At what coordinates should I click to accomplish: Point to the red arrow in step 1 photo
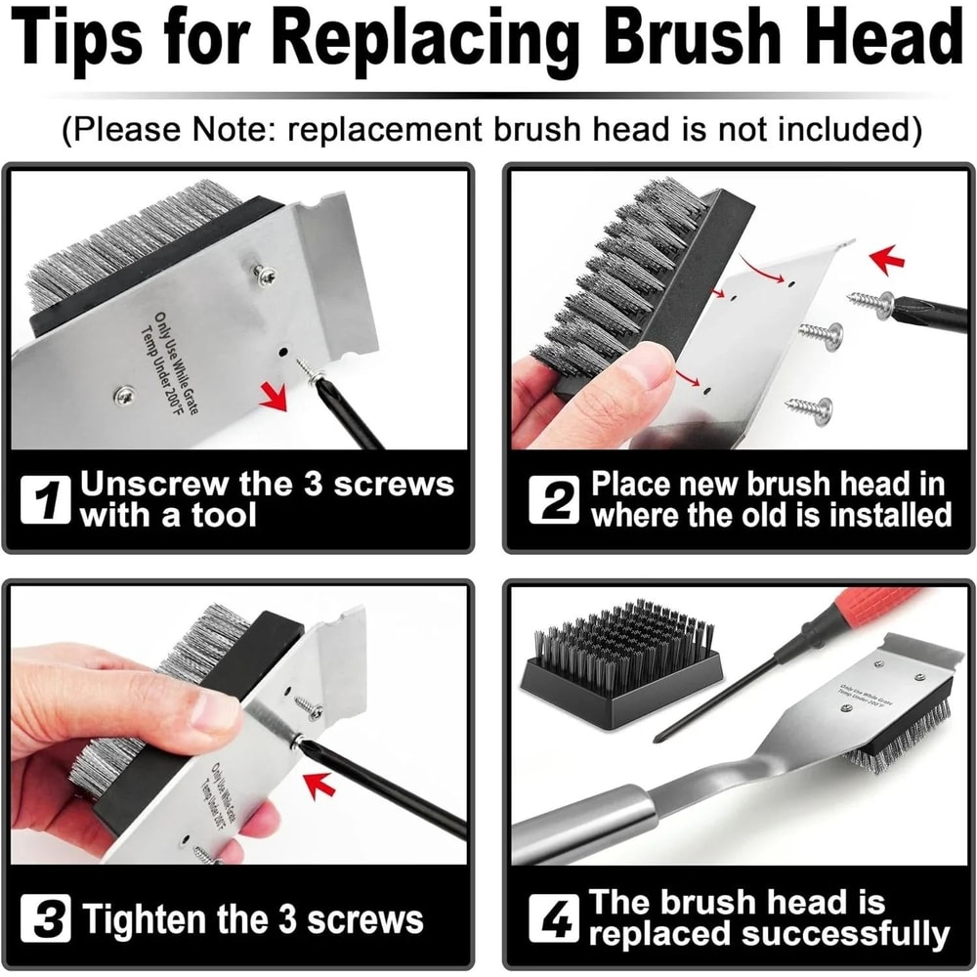(x=276, y=396)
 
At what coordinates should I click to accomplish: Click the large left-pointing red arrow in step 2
(x=888, y=260)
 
